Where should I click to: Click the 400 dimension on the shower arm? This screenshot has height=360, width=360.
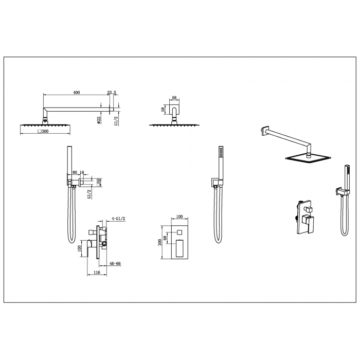tap(77, 93)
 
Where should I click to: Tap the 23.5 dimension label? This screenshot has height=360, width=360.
tap(112, 93)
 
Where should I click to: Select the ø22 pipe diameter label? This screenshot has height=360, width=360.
tap(99, 120)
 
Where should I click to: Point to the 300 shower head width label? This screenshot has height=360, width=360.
tap(43, 131)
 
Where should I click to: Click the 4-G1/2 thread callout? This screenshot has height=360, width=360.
tap(118, 219)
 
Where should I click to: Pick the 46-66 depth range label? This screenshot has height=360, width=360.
tap(115, 263)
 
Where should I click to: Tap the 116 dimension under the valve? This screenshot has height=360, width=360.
tap(97, 273)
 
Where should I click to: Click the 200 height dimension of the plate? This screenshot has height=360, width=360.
tap(160, 242)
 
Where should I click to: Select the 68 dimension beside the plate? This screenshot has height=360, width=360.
tap(165, 238)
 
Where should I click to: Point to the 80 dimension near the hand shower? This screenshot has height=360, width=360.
tap(75, 172)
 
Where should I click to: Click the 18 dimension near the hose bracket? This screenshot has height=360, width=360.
tap(81, 172)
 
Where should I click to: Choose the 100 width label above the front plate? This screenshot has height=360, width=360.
tap(179, 217)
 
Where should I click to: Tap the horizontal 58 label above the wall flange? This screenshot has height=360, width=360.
tap(174, 98)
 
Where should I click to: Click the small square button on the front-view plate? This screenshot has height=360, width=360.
tap(179, 232)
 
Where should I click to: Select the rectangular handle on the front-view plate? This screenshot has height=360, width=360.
tap(179, 248)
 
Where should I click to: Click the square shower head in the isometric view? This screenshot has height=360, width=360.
tap(308, 157)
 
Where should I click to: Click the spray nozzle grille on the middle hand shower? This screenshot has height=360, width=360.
tap(221, 152)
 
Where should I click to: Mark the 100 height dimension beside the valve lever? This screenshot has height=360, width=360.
tap(80, 248)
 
